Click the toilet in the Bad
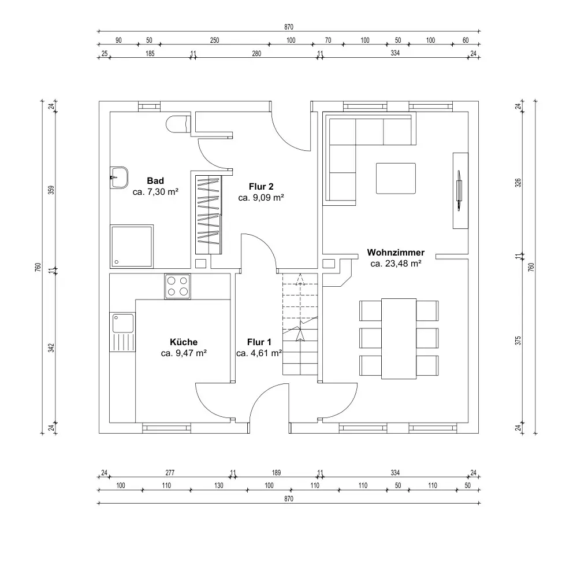click(178, 124)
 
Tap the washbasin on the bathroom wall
click(119, 178)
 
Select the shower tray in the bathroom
click(131, 246)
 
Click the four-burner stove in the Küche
click(177, 287)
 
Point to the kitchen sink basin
click(123, 323)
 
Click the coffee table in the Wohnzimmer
click(396, 178)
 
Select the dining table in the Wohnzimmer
click(399, 338)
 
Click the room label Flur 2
click(261, 186)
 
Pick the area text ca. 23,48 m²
click(396, 263)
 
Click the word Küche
click(184, 342)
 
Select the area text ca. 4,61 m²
click(259, 353)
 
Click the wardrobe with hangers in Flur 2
click(209, 215)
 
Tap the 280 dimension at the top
click(256, 53)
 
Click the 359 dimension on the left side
click(51, 190)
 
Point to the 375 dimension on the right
click(518, 341)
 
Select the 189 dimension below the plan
click(276, 472)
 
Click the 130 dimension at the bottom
click(218, 486)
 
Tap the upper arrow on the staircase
click(300, 279)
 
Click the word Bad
click(155, 180)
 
